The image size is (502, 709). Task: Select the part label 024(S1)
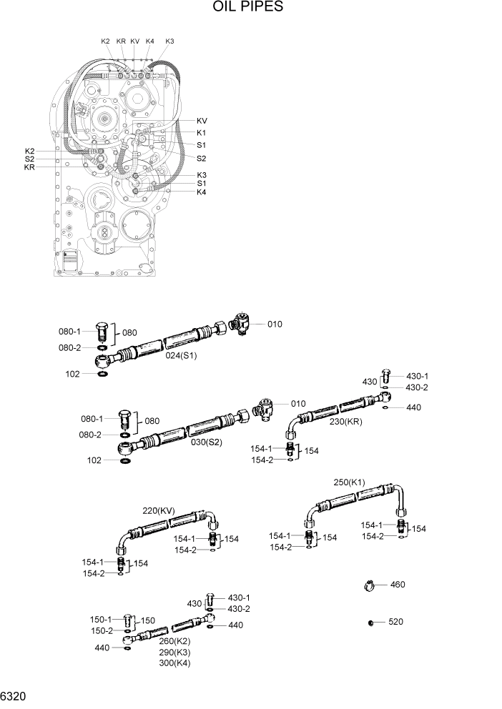tap(182, 355)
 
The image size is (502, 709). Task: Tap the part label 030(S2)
tap(206, 442)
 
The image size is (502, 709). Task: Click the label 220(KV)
tap(159, 510)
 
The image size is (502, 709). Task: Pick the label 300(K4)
tap(175, 663)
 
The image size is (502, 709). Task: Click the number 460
tap(398, 585)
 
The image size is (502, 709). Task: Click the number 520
tap(395, 622)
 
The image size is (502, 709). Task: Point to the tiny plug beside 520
tap(371, 623)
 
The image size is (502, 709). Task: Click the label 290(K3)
tap(175, 652)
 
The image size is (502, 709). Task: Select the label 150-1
tap(101, 619)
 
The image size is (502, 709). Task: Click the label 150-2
tap(101, 630)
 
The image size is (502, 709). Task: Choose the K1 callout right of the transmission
tap(202, 133)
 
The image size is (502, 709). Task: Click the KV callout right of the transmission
tap(202, 121)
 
